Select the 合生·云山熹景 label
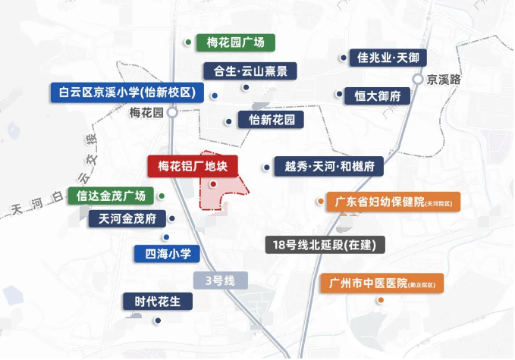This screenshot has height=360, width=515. (250, 71)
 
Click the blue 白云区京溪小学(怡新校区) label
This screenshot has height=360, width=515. (127, 92)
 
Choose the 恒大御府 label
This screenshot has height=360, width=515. (377, 96)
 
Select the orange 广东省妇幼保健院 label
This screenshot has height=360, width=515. (393, 202)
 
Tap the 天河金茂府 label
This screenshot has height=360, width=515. (127, 219)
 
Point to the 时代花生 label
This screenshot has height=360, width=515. (158, 301)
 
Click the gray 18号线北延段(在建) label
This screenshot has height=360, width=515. (325, 245)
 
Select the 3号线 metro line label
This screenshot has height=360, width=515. (221, 280)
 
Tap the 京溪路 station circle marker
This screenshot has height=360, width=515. (418, 79)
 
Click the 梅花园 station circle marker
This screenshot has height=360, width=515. (173, 113)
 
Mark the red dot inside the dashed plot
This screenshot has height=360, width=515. (212, 184)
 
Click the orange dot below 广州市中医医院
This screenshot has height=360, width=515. (381, 300)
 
